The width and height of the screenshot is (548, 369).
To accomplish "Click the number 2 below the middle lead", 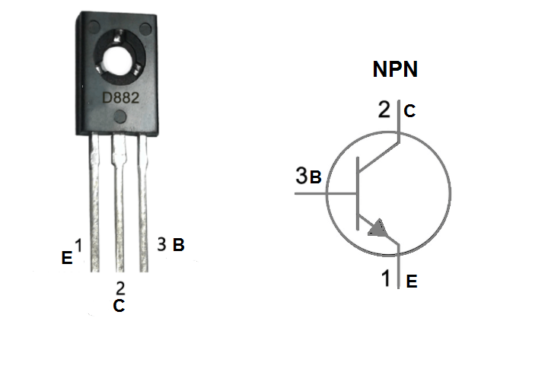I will [120, 288].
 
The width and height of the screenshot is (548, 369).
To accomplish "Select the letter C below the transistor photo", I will [119, 307].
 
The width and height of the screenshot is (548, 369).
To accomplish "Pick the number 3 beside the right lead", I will [161, 244].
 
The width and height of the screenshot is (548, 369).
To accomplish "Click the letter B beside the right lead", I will [177, 246].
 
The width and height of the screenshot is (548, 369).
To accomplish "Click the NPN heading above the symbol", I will [395, 70].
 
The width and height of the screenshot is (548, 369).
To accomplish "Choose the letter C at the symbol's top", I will [409, 113].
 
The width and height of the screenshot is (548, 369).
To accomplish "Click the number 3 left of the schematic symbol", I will [302, 177].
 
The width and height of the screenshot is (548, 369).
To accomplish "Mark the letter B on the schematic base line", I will [316, 179].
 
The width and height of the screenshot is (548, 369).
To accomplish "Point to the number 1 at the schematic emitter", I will [387, 278].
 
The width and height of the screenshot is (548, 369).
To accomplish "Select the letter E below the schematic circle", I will [411, 282].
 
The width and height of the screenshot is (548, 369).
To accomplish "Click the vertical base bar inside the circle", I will [357, 194].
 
